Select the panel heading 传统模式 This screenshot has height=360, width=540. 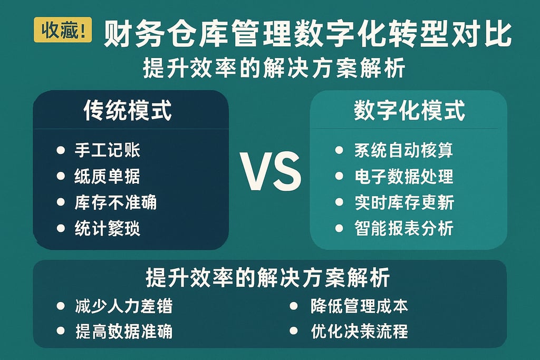(128, 111)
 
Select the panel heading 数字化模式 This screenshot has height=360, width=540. (409, 112)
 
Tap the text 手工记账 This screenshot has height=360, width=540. (108, 151)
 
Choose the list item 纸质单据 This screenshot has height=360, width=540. (108, 177)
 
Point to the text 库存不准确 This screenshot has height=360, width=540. (115, 202)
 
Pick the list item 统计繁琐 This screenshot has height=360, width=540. (108, 228)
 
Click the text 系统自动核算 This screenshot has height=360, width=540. (404, 151)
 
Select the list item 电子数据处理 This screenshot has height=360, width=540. (404, 177)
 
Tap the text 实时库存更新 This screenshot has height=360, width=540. (404, 202)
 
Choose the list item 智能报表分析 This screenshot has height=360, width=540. (404, 228)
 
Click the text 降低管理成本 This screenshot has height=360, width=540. (360, 306)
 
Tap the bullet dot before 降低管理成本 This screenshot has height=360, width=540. (294, 306)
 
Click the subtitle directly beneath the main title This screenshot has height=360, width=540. (274, 69)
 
